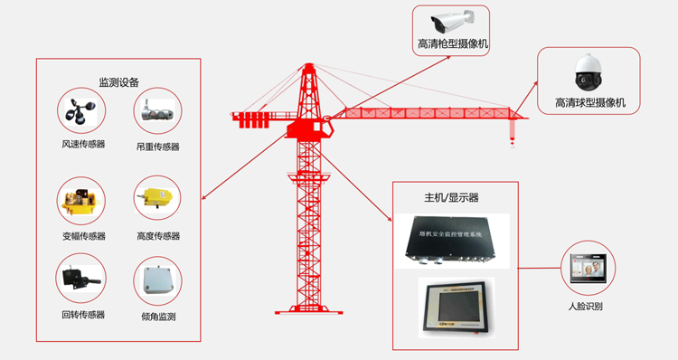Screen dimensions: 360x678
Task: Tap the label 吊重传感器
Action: click(x=157, y=146)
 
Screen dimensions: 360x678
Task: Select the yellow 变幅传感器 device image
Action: click(x=81, y=201)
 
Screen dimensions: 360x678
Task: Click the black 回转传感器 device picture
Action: click(x=81, y=279)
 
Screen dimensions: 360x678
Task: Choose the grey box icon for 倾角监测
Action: click(x=157, y=281)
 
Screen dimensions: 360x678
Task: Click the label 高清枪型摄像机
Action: click(x=453, y=43)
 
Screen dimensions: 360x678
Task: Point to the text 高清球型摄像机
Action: click(x=590, y=103)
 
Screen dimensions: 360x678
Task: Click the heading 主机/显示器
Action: click(x=451, y=197)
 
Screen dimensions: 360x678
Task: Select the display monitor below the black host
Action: click(x=454, y=307)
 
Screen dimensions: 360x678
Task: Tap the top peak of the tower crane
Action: click(x=307, y=65)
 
